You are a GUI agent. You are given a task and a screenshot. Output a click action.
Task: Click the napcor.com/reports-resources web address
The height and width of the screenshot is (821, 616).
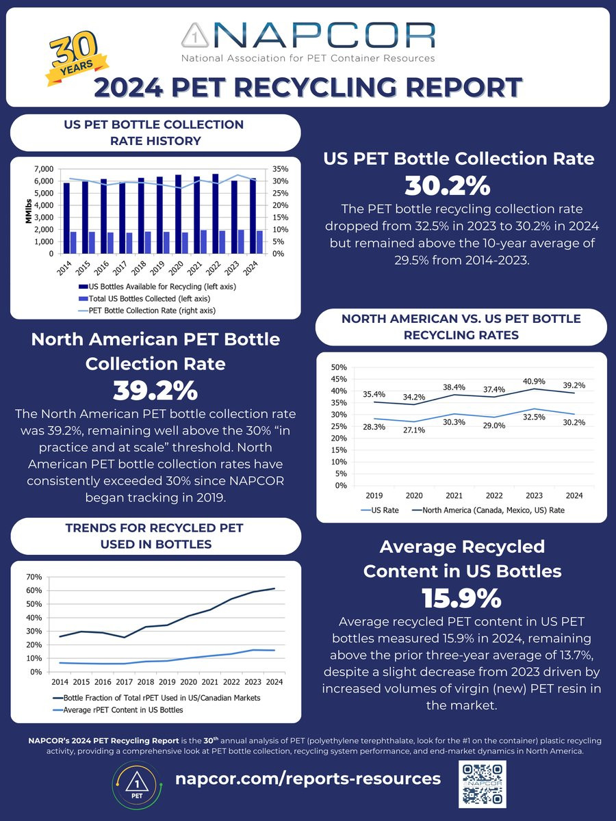pos(308,779)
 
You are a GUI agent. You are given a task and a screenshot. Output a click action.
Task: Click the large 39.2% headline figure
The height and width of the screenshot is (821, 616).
pos(155,391)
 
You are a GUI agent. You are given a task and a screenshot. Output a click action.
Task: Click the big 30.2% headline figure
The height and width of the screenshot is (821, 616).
pos(458,185)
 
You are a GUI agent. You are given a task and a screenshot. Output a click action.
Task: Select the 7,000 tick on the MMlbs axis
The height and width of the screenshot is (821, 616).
pos(43,169)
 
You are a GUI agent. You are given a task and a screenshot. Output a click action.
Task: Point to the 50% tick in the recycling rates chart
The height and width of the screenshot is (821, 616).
pos(339,367)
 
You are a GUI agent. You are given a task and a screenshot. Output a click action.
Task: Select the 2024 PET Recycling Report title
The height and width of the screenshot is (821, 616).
pos(308,88)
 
